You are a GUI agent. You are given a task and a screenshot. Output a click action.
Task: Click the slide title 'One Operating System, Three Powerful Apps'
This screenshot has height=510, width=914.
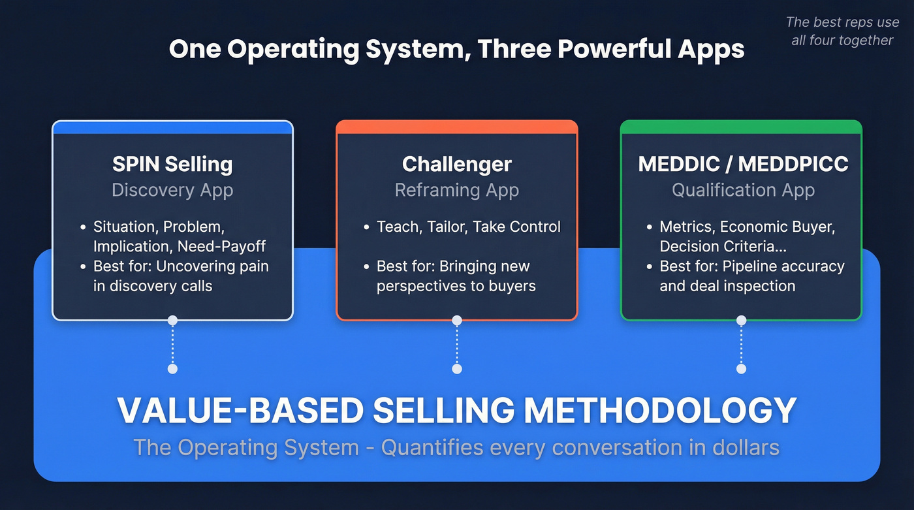click(x=456, y=50)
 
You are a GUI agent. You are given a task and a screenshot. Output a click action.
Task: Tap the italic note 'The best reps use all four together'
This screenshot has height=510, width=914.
click(x=842, y=31)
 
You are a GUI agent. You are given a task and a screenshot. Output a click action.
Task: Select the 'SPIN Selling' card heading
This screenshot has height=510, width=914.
click(x=172, y=164)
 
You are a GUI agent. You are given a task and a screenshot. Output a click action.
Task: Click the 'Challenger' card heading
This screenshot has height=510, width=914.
click(x=456, y=164)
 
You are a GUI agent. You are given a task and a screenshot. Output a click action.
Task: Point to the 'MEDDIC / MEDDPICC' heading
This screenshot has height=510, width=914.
click(x=743, y=164)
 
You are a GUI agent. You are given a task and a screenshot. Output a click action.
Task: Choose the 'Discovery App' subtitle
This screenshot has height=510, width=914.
click(x=172, y=190)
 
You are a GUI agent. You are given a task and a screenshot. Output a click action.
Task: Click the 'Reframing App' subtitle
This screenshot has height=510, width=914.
click(x=456, y=190)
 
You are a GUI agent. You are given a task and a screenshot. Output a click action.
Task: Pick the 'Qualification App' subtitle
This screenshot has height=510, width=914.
click(x=743, y=190)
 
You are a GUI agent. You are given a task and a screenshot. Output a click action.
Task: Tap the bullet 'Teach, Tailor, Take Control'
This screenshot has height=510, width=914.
click(x=468, y=227)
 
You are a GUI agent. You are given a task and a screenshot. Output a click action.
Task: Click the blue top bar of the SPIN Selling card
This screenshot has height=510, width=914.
click(x=172, y=127)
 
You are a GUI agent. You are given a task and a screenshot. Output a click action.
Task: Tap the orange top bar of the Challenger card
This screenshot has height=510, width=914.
click(x=456, y=127)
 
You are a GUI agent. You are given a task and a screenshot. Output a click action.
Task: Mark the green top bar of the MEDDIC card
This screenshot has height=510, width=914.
click(x=741, y=127)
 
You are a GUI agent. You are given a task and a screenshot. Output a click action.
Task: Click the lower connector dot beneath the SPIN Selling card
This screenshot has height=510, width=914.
click(x=172, y=369)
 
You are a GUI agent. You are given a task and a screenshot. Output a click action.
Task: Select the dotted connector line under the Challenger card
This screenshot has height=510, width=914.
click(x=457, y=345)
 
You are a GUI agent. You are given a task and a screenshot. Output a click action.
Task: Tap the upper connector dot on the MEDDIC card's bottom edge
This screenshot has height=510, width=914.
click(x=741, y=320)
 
